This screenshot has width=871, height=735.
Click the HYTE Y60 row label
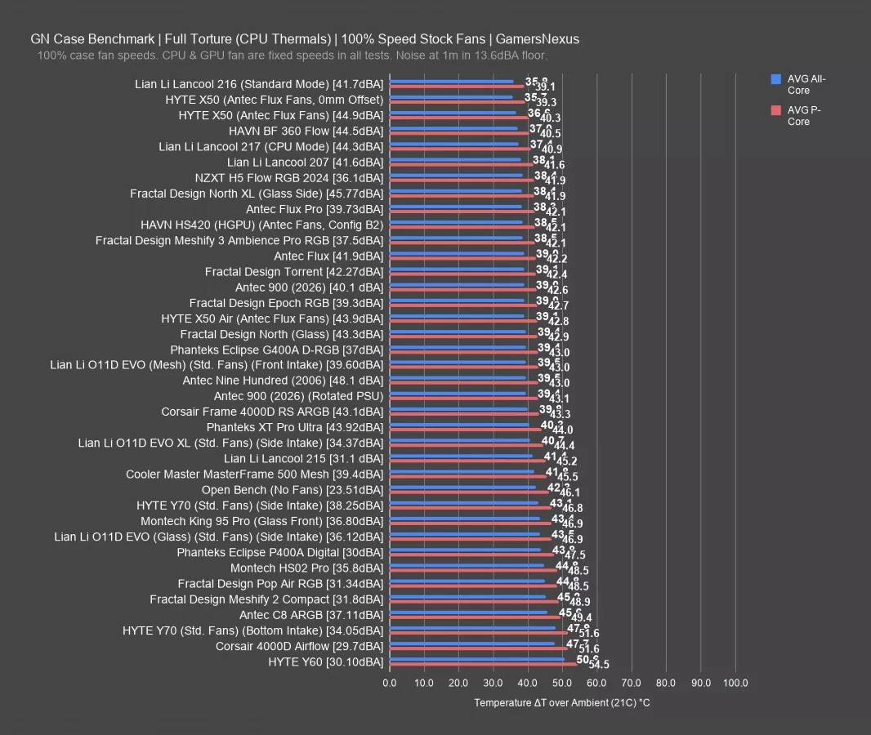click(325, 661)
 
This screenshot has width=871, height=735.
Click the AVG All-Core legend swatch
click(776, 79)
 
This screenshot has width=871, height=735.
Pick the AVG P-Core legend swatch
click(776, 110)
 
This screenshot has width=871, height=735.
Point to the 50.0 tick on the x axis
click(562, 683)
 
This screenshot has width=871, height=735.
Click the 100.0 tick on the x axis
click(735, 683)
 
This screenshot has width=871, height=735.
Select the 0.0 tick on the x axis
click(390, 683)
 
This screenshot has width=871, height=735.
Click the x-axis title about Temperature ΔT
click(562, 703)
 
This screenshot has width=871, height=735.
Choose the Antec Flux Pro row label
click(315, 209)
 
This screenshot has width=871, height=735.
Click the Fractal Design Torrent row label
click(294, 271)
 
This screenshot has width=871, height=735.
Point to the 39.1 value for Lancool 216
click(545, 87)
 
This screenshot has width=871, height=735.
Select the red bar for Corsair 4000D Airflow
click(478, 649)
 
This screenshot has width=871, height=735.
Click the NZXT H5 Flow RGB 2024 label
click(288, 178)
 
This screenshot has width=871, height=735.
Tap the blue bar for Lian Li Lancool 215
click(461, 456)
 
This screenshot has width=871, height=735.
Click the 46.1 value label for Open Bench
click(569, 493)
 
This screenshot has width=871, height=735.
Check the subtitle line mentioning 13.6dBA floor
click(292, 56)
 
